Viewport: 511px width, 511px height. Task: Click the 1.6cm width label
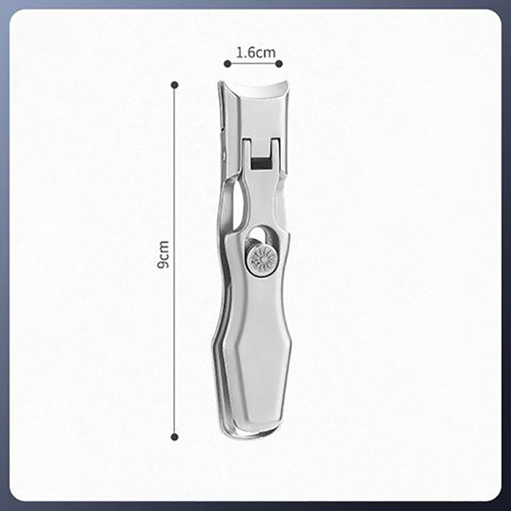(256, 52)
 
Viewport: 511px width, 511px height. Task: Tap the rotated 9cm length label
(163, 254)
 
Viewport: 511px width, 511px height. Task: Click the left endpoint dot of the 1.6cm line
(227, 64)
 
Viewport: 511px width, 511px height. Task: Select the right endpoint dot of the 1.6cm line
(279, 64)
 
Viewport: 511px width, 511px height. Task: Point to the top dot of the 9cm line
(174, 85)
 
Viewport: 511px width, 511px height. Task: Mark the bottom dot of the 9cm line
(174, 437)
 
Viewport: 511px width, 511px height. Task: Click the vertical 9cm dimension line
(174, 261)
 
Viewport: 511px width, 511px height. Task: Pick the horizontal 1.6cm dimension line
(253, 64)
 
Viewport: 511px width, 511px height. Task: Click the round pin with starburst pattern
(263, 261)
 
